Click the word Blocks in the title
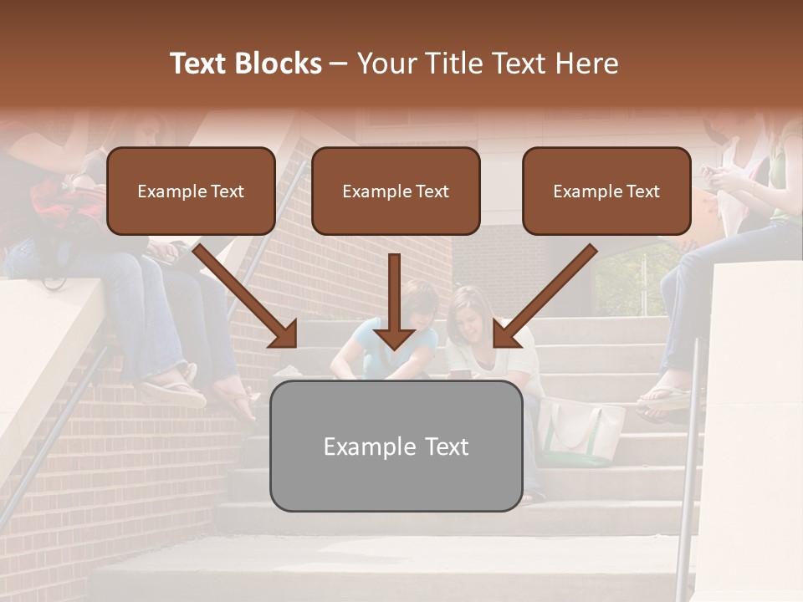pos(279,64)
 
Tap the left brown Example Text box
pos(191,191)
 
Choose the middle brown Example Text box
pos(396,191)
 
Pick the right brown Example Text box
pos(606,191)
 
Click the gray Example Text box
pos(396,446)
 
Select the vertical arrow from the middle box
pos(394,301)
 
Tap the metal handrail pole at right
pos(690,468)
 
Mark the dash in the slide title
pos(339,64)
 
